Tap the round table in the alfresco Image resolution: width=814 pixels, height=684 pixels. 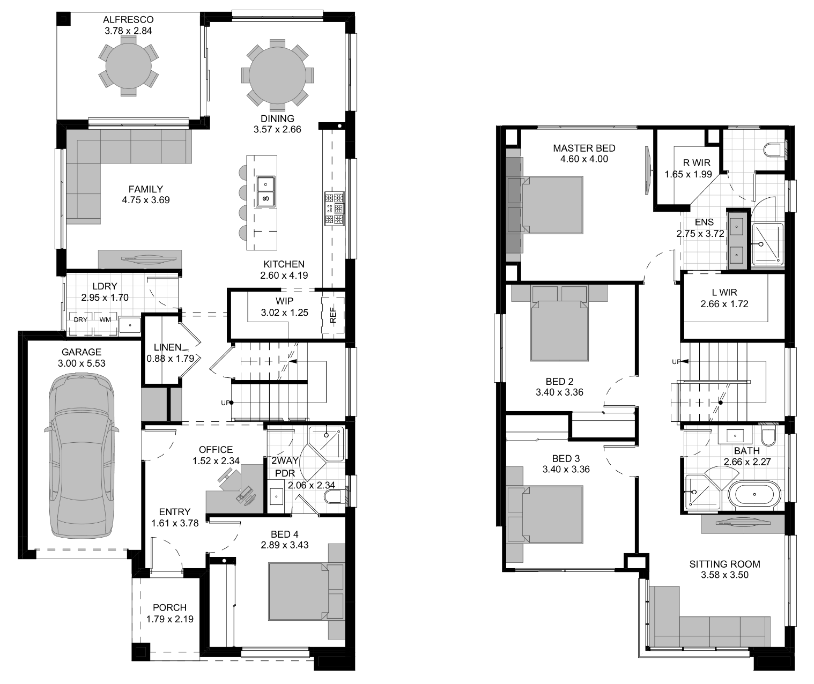[128, 65]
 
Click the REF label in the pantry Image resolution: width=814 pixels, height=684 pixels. [332, 315]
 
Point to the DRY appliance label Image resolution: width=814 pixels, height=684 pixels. [80, 320]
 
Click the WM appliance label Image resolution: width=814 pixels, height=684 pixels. [105, 320]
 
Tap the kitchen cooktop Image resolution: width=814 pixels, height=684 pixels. [335, 209]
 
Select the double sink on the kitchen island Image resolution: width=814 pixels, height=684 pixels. [265, 191]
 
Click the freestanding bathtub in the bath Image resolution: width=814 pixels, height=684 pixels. [754, 495]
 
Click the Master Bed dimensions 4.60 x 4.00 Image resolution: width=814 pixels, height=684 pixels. [584, 159]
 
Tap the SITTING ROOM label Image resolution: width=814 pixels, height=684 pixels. [725, 564]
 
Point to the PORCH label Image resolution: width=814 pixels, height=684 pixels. [169, 607]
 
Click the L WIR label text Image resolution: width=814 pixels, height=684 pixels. [724, 292]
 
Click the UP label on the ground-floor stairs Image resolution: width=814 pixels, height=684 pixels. [225, 403]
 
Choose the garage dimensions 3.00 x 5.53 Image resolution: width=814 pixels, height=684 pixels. [82, 363]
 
